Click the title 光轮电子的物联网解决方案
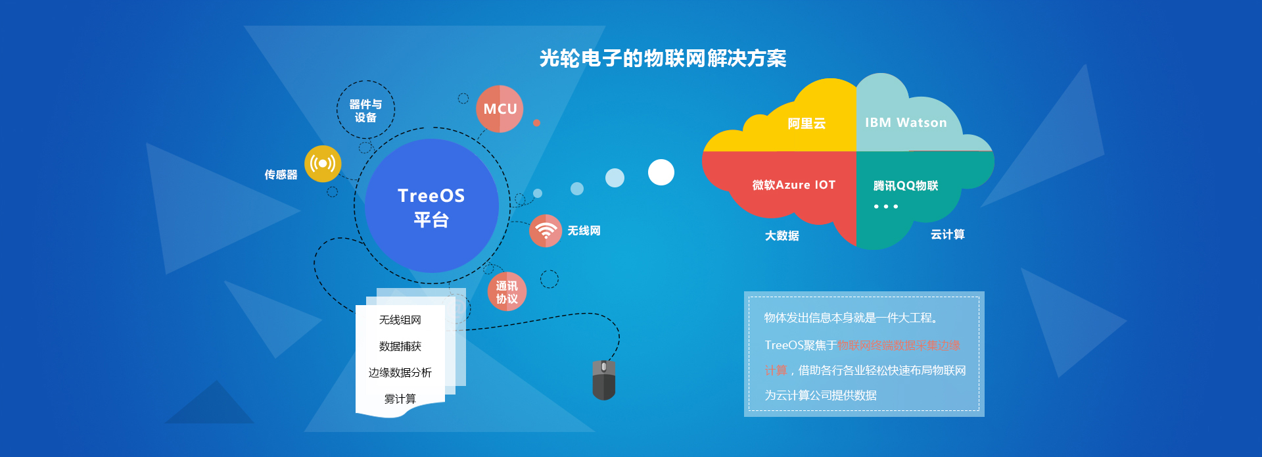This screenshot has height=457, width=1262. point(663,59)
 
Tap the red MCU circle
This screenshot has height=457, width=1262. point(500,108)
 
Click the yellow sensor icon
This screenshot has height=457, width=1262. point(323,164)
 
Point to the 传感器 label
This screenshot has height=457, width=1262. point(281,175)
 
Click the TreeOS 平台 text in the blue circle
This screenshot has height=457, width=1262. point(431,207)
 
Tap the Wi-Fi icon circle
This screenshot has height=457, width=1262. point(546,231)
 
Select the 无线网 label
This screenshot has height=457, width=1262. point(584,231)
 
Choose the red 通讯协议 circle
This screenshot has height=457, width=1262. point(507,292)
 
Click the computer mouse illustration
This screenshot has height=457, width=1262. point(603,380)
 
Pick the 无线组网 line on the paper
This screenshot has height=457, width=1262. point(400,320)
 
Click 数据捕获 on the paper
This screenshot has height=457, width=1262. point(400,347)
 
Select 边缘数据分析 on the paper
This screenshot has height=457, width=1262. point(400,373)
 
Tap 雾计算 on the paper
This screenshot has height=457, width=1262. point(400,399)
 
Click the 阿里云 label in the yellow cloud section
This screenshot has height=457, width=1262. point(806,124)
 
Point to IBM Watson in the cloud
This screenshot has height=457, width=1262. point(906,123)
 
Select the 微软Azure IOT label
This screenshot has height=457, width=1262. point(794,185)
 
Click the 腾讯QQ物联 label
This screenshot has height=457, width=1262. point(906,186)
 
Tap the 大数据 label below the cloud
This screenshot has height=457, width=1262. point(782,235)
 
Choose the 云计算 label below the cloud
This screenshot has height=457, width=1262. point(948,235)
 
